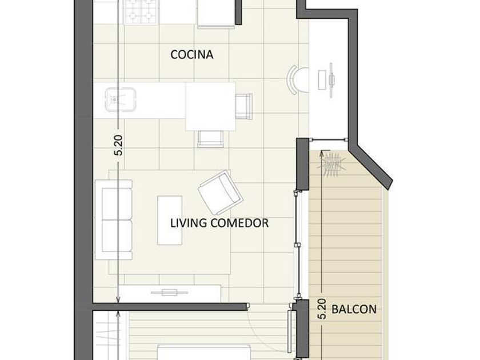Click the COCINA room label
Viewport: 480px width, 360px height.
[x=191, y=54]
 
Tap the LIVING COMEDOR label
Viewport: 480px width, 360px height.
[x=219, y=223]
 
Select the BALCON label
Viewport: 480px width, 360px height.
[x=354, y=309]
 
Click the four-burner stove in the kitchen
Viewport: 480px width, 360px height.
[x=142, y=11]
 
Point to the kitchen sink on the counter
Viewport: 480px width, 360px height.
[x=120, y=99]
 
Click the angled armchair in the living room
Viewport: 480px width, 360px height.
[x=221, y=193]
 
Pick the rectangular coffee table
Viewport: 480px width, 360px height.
[x=170, y=221]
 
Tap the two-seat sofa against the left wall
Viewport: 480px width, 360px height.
[x=114, y=220]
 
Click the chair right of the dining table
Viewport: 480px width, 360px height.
[x=243, y=106]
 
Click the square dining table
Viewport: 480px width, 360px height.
[x=210, y=106]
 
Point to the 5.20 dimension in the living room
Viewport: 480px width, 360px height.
[x=119, y=145]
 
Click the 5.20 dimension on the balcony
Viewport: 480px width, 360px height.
[x=321, y=309]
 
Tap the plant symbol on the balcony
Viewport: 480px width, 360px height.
[x=331, y=165]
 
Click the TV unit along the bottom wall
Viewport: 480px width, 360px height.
[x=170, y=293]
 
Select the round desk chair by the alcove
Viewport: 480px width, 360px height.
[x=297, y=80]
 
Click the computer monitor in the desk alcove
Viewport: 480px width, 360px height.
[x=331, y=80]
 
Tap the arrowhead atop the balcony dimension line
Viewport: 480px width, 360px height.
[x=321, y=153]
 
